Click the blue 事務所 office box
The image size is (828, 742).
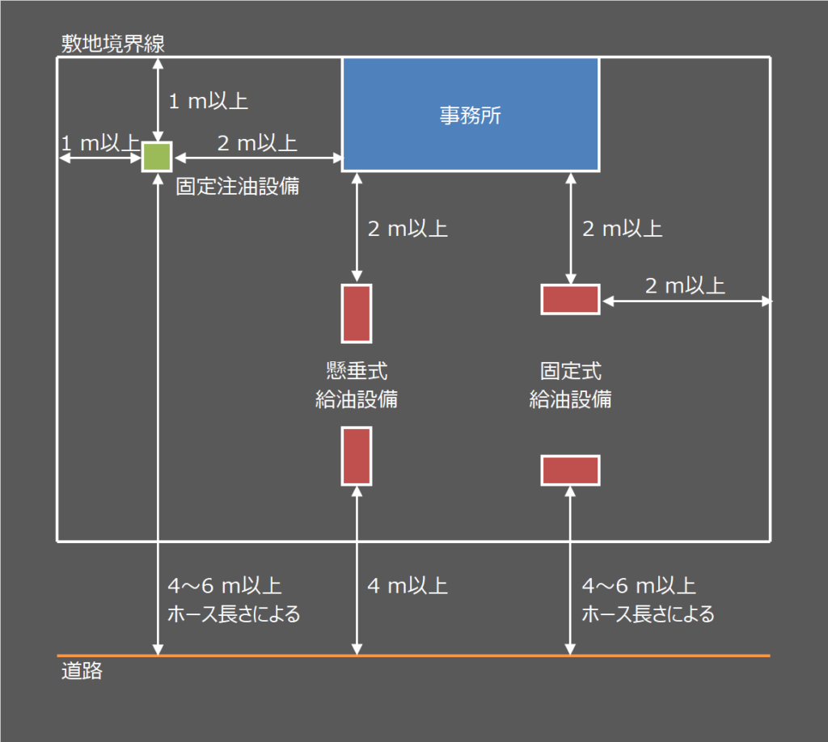pyautogui.click(x=470, y=114)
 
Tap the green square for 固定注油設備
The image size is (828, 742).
pyautogui.click(x=157, y=157)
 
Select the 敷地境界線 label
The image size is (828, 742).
pyautogui.click(x=113, y=44)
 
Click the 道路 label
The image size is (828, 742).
pyautogui.click(x=82, y=672)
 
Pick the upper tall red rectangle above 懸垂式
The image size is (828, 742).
pyautogui.click(x=357, y=313)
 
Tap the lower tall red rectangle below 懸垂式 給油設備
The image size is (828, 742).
pyautogui.click(x=357, y=456)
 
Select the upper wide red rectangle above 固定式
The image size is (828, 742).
pyautogui.click(x=570, y=299)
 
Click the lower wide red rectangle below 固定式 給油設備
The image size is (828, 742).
pyautogui.click(x=570, y=470)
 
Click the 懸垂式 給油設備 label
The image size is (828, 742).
pyautogui.click(x=357, y=386)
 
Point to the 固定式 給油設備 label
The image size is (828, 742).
pyautogui.click(x=570, y=386)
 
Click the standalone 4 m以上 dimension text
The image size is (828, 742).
pyautogui.click(x=408, y=585)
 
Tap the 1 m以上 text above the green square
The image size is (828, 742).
pyautogui.click(x=208, y=101)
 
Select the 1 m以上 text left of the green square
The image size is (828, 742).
pyautogui.click(x=99, y=143)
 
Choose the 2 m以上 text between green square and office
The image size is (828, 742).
pyautogui.click(x=257, y=143)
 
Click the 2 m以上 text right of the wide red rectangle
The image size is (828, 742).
pyautogui.click(x=685, y=285)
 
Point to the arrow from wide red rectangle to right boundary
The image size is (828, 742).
pyautogui.click(x=686, y=301)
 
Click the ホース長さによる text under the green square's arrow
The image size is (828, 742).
pyautogui.click(x=234, y=614)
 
